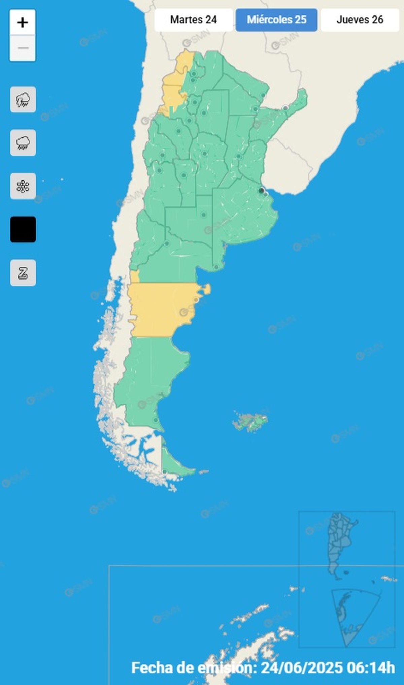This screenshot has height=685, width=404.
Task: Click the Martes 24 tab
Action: coord(193,20)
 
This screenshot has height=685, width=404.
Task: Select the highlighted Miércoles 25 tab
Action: coord(276,20)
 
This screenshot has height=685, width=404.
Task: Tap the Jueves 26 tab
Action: coord(360,20)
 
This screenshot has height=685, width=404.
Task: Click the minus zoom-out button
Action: coord(23,48)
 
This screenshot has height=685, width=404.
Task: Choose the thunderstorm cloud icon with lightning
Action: coord(23,100)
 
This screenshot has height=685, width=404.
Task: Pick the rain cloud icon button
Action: coord(23,143)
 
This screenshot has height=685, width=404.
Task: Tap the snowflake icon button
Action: coord(23,186)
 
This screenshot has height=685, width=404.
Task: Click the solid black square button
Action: coord(23,229)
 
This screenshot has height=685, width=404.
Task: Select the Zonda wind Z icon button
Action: coord(23,273)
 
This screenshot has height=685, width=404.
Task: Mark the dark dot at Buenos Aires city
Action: coord(261,191)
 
